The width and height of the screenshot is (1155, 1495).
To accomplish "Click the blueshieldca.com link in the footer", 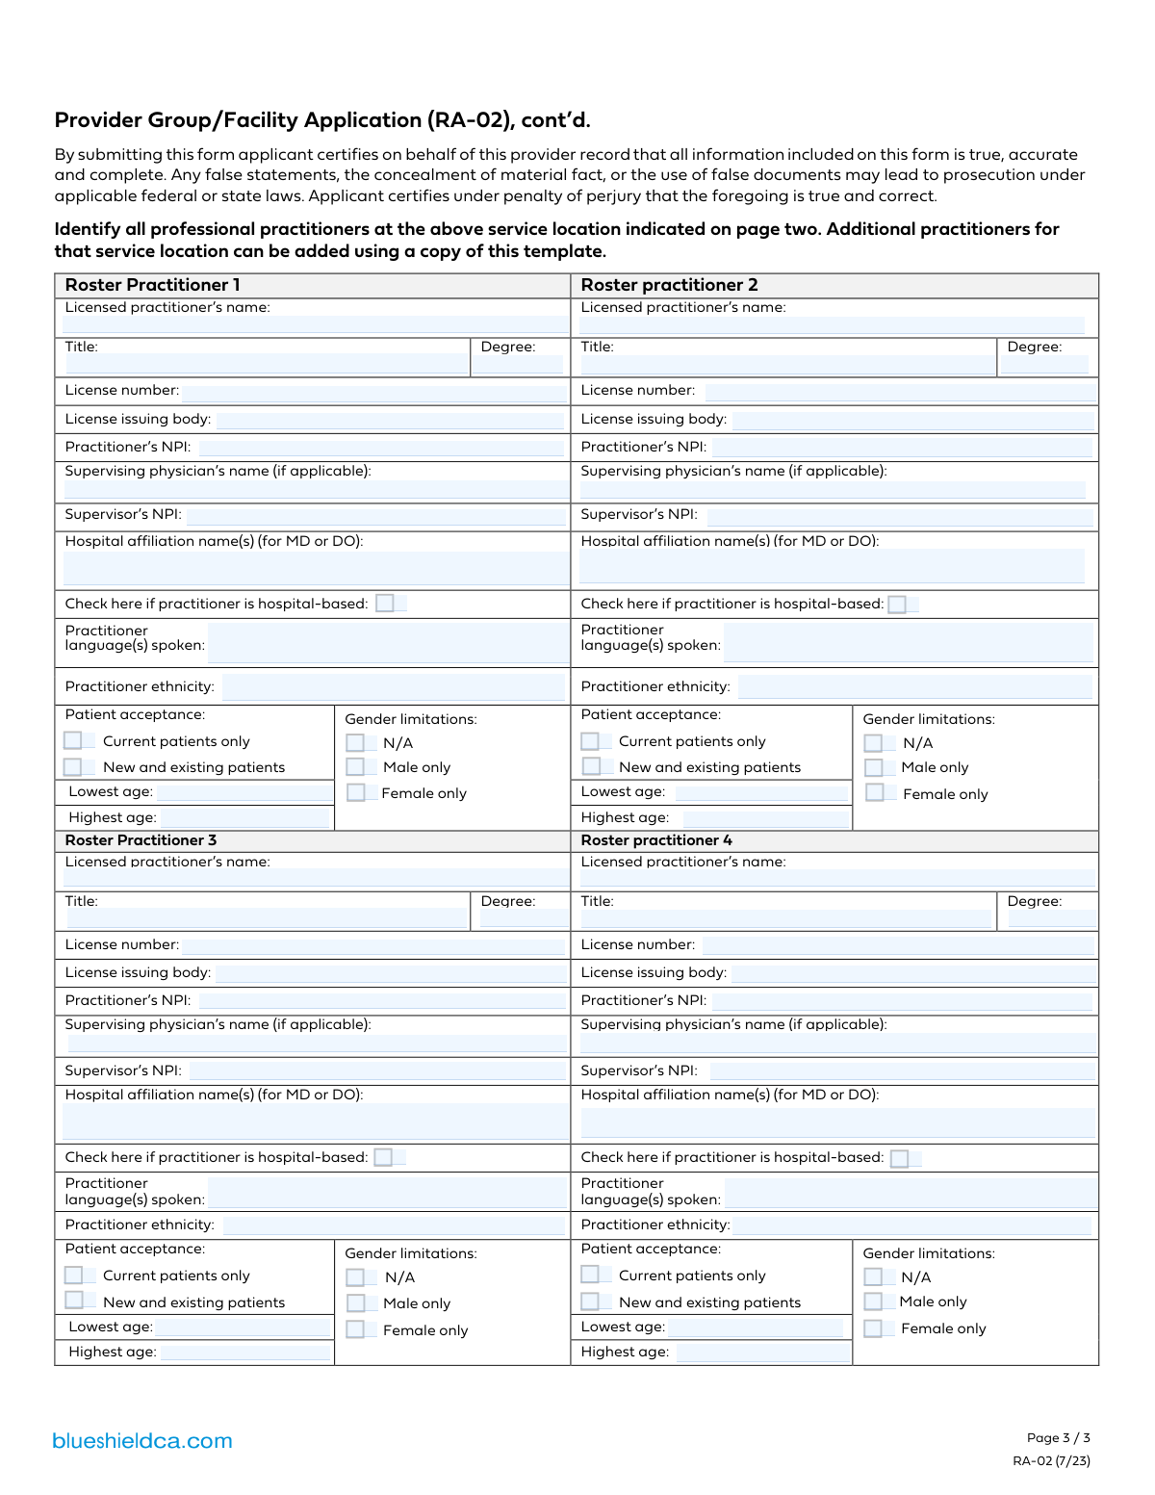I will pyautogui.click(x=142, y=1441).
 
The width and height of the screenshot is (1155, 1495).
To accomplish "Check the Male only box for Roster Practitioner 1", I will pyautogui.click(x=356, y=767).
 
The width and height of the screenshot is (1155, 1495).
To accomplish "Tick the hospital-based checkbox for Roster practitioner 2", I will pyautogui.click(x=897, y=605).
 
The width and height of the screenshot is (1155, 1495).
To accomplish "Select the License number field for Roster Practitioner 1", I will pyautogui.click(x=373, y=392).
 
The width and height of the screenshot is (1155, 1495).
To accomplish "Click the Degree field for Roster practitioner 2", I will pyautogui.click(x=1044, y=365).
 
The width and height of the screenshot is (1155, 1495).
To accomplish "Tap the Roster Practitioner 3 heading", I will pyautogui.click(x=141, y=840).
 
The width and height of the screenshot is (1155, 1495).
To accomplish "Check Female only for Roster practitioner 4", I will pyautogui.click(x=873, y=1328).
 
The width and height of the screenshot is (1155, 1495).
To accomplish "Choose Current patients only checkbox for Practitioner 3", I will pyautogui.click(x=74, y=1276).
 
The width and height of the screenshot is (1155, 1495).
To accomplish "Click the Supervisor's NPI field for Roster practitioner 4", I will pyautogui.click(x=902, y=1070).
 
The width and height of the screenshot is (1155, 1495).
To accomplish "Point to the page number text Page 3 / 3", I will pyautogui.click(x=1058, y=1438).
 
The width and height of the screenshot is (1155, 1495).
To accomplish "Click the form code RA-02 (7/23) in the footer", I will pyautogui.click(x=1051, y=1461).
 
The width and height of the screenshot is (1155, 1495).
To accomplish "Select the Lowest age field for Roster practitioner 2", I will pyautogui.click(x=761, y=793).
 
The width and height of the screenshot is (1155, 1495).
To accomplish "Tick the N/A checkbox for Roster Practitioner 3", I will pyautogui.click(x=356, y=1277).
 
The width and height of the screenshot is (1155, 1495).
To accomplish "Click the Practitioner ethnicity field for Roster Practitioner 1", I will pyautogui.click(x=393, y=687).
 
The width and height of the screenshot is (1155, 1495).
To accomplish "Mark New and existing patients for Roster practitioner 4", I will pyautogui.click(x=590, y=1302).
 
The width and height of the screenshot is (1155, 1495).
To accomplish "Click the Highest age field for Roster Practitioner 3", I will pyautogui.click(x=244, y=1353).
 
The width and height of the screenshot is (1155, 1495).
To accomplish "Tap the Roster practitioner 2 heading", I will pyautogui.click(x=669, y=285).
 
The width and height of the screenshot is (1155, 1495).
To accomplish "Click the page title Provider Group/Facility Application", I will pyautogui.click(x=322, y=120).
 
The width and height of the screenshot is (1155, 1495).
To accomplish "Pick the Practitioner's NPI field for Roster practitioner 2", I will pyautogui.click(x=902, y=448).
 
